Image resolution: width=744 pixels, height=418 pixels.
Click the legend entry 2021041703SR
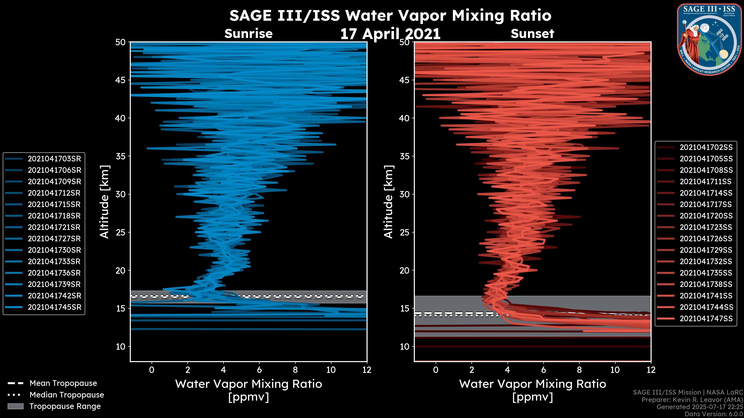(x=54, y=159)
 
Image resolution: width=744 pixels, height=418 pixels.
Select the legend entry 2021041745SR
(x=54, y=307)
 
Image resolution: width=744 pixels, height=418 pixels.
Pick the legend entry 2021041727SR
(x=54, y=239)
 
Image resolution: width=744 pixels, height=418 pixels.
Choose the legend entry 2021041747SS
(x=706, y=319)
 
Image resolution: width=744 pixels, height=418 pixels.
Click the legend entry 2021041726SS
(x=706, y=239)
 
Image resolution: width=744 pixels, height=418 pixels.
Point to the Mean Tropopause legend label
(x=63, y=383)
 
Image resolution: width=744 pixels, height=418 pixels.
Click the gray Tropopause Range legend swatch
(x=15, y=406)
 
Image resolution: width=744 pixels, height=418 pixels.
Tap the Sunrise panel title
(x=248, y=34)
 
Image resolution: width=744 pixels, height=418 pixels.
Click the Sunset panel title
(x=532, y=34)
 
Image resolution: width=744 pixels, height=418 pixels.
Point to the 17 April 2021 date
(x=390, y=34)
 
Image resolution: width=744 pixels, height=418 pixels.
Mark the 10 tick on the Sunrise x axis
(x=331, y=370)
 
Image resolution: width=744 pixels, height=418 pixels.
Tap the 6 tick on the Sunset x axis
(x=543, y=370)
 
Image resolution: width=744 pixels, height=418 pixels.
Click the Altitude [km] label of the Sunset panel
(x=388, y=202)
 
